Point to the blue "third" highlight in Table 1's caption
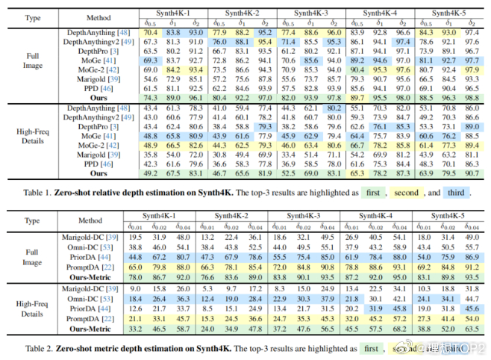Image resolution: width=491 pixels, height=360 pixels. tap(454, 193)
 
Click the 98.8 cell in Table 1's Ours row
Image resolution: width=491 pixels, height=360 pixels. tap(471, 97)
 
